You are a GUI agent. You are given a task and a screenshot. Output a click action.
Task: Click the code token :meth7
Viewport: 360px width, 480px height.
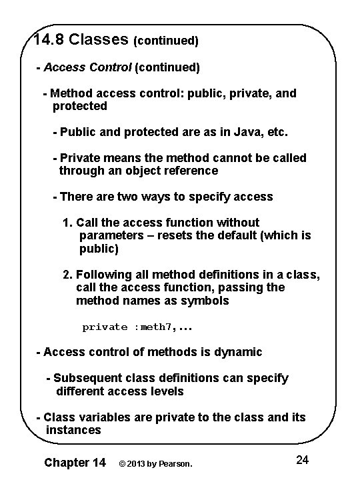click(x=155, y=327)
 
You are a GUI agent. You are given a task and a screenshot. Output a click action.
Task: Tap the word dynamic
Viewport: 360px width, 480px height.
click(x=238, y=351)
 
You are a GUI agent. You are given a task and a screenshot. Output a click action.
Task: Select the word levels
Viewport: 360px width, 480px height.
click(x=167, y=391)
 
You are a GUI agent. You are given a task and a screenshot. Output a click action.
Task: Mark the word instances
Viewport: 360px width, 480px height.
click(x=73, y=431)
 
